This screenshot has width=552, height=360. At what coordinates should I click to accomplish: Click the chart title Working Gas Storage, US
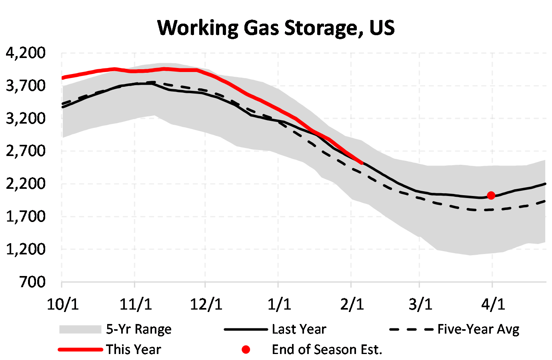point(276,28)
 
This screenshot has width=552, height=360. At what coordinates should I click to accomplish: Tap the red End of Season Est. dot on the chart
point(491,195)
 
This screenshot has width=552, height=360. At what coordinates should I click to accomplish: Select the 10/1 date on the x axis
point(62,304)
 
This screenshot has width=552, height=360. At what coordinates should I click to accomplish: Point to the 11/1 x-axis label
point(136,304)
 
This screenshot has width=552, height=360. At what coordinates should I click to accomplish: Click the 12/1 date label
point(206,304)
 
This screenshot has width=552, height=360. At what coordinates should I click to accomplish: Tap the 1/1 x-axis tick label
point(279,304)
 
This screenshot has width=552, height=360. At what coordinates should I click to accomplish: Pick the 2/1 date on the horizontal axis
point(352,304)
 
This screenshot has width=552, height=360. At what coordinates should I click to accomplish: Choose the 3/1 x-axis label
point(420,304)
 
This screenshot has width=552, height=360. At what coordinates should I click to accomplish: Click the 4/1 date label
point(493,304)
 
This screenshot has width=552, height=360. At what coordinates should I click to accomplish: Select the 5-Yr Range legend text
point(138,329)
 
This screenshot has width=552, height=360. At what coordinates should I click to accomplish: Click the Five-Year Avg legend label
point(478,329)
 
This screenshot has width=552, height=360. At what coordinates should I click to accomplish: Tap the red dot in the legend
point(246,350)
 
